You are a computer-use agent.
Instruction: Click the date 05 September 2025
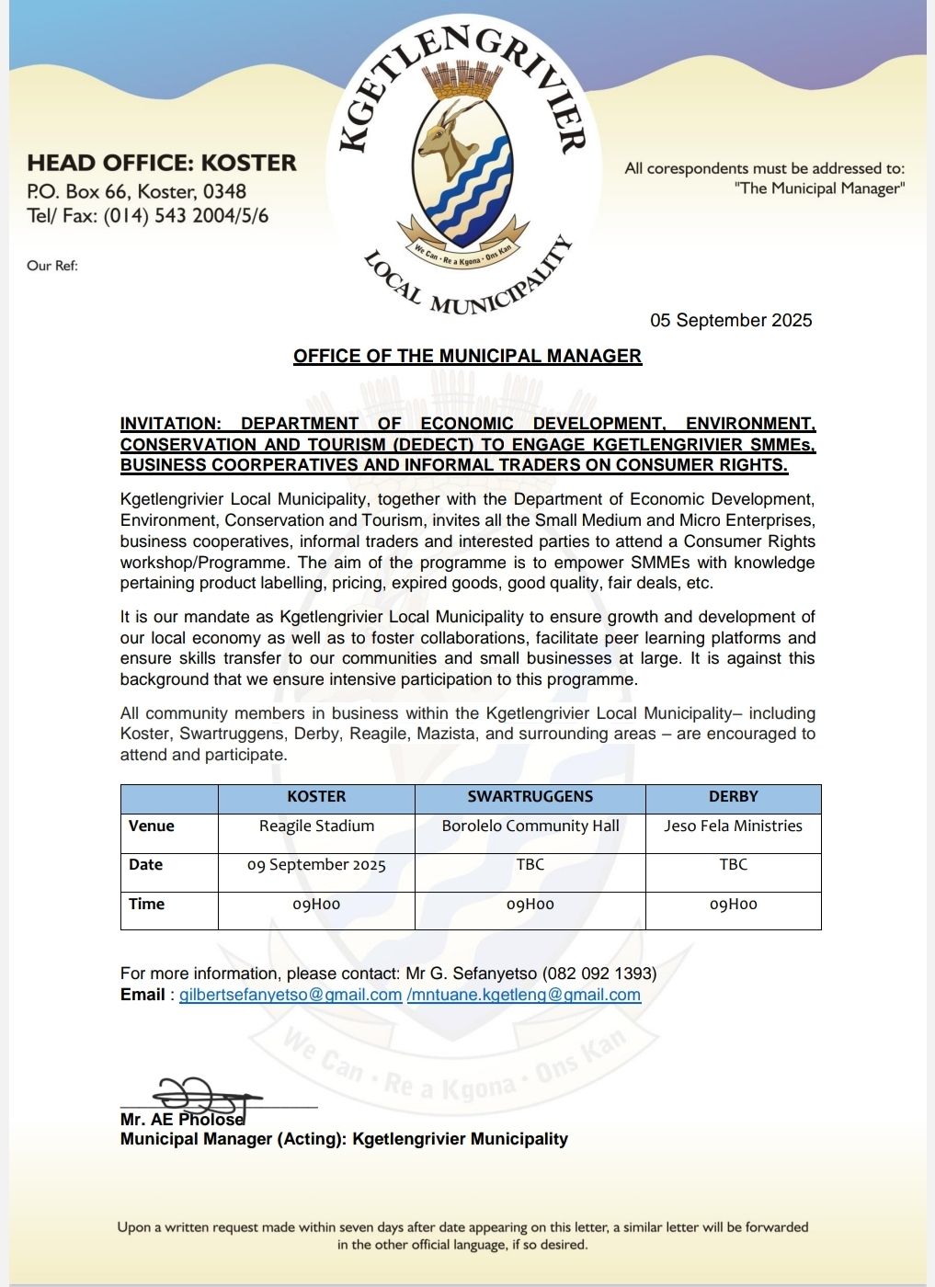(x=731, y=320)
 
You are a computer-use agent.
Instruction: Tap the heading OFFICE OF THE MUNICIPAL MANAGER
(x=467, y=356)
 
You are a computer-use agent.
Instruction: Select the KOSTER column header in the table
(x=316, y=796)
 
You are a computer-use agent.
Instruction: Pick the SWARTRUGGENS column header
(x=530, y=796)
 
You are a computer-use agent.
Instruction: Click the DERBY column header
(x=733, y=796)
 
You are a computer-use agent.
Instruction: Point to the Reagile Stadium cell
(x=316, y=826)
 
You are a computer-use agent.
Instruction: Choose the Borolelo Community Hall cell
(x=530, y=826)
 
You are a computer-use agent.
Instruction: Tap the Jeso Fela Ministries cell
(x=733, y=826)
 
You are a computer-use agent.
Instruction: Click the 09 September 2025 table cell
(x=316, y=865)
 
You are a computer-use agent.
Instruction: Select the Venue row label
(x=152, y=826)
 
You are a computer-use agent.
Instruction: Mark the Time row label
(x=147, y=904)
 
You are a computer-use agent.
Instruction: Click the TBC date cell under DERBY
(x=733, y=864)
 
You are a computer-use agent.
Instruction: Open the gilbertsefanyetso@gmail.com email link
(x=291, y=995)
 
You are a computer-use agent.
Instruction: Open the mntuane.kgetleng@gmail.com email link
(x=524, y=995)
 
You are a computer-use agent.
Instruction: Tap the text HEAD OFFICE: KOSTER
(x=162, y=163)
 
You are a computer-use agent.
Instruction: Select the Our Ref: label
(x=52, y=266)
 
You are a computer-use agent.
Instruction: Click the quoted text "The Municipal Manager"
(x=819, y=188)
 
